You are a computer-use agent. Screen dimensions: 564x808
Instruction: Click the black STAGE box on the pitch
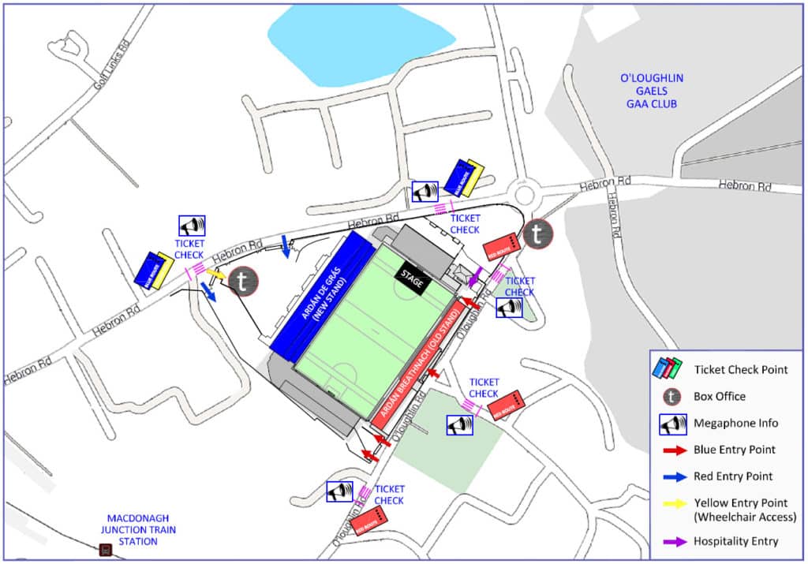[412, 276]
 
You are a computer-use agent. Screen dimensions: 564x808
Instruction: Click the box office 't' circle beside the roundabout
[537, 233]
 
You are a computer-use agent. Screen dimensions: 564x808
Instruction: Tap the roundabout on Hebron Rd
[522, 192]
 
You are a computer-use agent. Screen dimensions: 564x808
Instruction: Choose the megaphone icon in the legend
[671, 424]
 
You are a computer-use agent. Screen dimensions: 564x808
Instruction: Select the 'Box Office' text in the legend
[720, 396]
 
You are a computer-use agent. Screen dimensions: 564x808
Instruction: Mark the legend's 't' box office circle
[671, 396]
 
